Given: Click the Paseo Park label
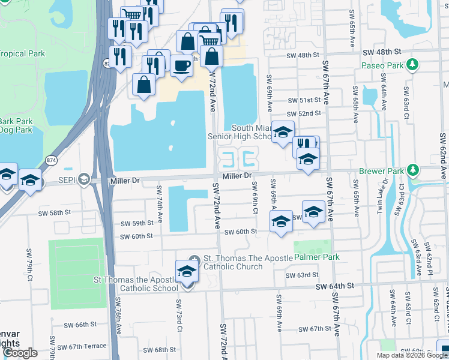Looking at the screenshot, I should (382, 65).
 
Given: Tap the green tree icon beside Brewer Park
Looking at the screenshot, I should (412, 171).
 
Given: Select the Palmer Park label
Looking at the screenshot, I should (316, 257).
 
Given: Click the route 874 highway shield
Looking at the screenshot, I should (52, 160).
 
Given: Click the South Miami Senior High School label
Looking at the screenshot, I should (240, 132).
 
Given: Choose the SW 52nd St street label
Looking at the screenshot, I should (304, 114).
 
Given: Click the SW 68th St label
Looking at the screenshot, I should (158, 349).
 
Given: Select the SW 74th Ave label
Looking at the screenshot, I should (160, 204).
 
